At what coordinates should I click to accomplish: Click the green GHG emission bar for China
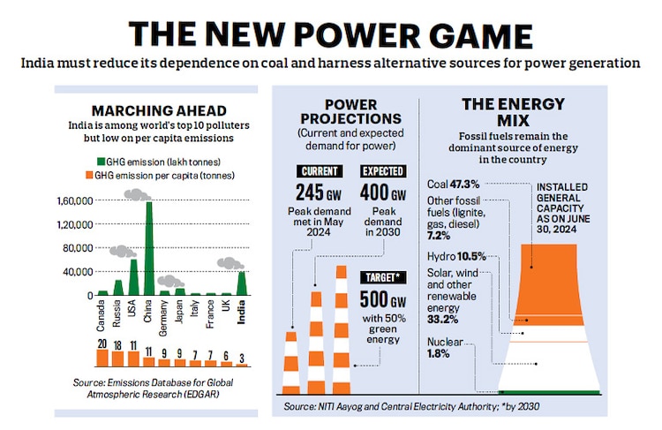click(x=148, y=252)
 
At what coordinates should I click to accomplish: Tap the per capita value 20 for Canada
click(x=102, y=343)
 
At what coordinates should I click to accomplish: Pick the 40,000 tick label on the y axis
click(x=77, y=272)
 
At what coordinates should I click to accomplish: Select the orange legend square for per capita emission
click(x=99, y=175)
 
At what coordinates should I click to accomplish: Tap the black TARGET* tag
click(x=383, y=277)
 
